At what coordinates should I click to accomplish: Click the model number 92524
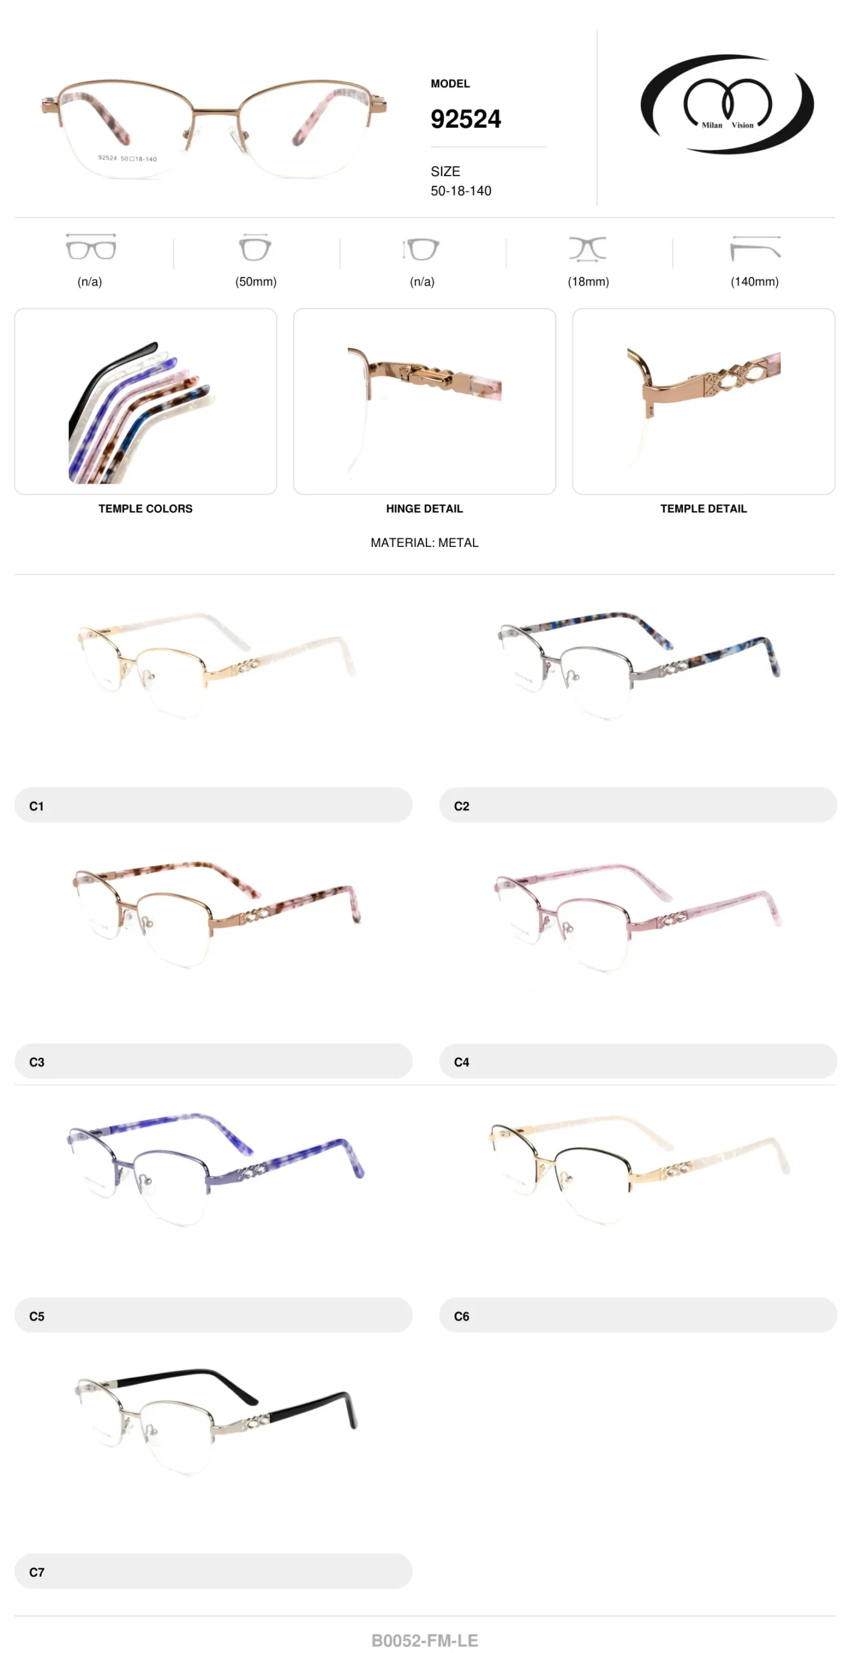pyautogui.click(x=465, y=119)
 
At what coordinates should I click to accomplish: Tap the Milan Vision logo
pyautogui.click(x=727, y=104)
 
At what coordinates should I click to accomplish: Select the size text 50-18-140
pyautogui.click(x=461, y=191)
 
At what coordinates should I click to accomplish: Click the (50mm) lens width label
pyautogui.click(x=256, y=282)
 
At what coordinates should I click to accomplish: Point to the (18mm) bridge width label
pyautogui.click(x=588, y=282)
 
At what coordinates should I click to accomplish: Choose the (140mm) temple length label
pyautogui.click(x=754, y=282)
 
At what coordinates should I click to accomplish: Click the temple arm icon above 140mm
pyautogui.click(x=755, y=248)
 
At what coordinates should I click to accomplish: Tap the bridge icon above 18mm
pyautogui.click(x=587, y=249)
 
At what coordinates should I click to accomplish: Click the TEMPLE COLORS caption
pyautogui.click(x=145, y=509)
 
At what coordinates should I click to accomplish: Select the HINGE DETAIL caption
pyautogui.click(x=425, y=509)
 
